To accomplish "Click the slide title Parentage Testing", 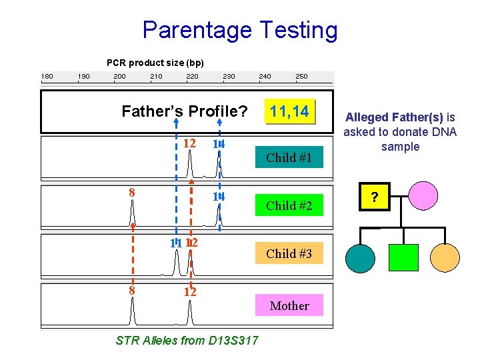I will pyautogui.click(x=240, y=30).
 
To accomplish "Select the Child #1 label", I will pyautogui.click(x=290, y=158).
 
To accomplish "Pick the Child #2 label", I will pyautogui.click(x=290, y=206).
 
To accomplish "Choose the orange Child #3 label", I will pyautogui.click(x=290, y=253).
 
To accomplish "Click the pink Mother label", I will pyautogui.click(x=289, y=306).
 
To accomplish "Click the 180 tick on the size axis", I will pyautogui.click(x=47, y=76).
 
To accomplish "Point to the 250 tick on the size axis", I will pyautogui.click(x=301, y=76).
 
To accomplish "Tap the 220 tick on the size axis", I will pyautogui.click(x=192, y=76).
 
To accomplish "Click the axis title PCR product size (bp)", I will pyautogui.click(x=155, y=63).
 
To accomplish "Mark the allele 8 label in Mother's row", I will pyautogui.click(x=132, y=290).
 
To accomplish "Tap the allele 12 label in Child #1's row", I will pyautogui.click(x=189, y=143).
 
